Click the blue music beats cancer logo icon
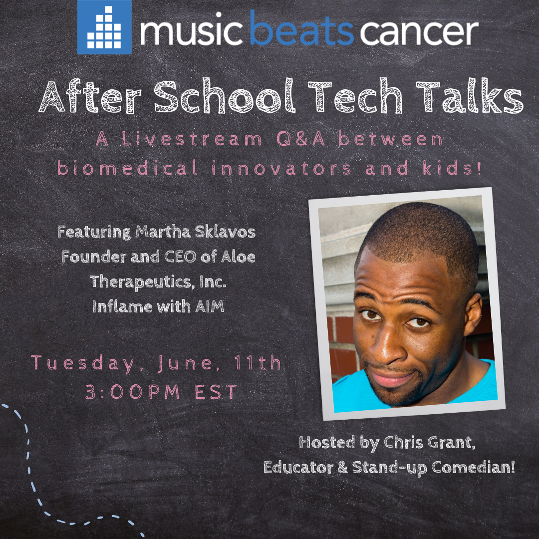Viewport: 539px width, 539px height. click(104, 27)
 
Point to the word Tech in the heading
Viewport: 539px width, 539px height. click(355, 96)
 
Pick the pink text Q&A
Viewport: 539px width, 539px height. click(301, 139)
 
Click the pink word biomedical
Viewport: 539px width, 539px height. click(127, 168)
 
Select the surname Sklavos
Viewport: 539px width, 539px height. click(225, 232)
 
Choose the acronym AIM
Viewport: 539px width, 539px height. click(210, 306)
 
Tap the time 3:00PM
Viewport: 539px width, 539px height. click(133, 392)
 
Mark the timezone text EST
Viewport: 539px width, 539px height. click(216, 392)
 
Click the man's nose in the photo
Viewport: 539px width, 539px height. click(391, 344)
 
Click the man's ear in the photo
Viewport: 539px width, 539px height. click(473, 311)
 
